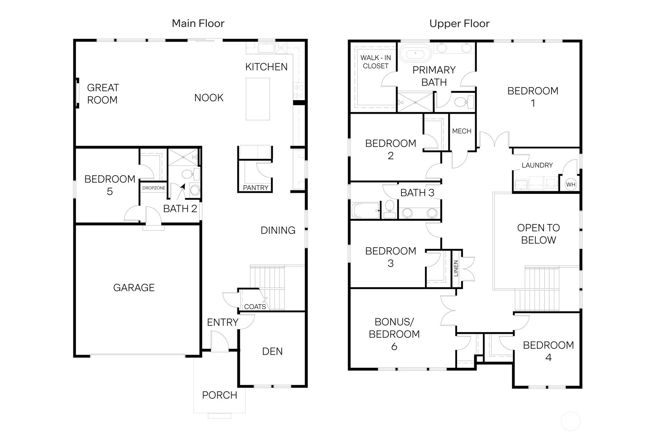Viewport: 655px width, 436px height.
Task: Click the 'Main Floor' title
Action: [198, 24]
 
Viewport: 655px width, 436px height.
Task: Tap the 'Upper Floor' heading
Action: [459, 24]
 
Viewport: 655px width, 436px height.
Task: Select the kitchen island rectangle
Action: [258, 99]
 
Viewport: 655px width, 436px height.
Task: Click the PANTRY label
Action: [256, 188]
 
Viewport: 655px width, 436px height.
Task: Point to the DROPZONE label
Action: [154, 188]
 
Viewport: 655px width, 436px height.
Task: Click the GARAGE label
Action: [134, 288]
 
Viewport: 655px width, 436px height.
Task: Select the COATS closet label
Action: [255, 307]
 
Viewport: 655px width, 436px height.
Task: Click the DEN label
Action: [272, 351]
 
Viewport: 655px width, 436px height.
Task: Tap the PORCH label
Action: [220, 395]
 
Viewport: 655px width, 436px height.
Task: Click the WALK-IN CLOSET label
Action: [376, 62]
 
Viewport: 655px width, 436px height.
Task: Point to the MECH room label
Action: [462, 131]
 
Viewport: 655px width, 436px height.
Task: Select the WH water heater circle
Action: [571, 185]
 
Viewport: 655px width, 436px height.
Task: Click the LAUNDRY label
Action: [537, 165]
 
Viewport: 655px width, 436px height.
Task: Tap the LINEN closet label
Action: [456, 268]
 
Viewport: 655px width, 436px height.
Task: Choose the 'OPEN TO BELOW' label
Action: [538, 234]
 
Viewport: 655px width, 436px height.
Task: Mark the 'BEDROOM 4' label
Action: [548, 351]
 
